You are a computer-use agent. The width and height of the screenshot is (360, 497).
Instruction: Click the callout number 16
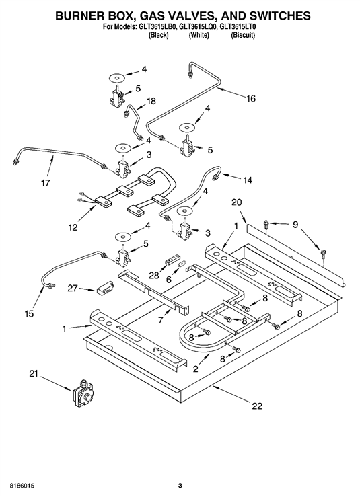point(251,98)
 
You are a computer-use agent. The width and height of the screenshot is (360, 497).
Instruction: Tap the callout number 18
point(151,101)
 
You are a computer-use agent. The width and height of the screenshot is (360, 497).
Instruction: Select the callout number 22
point(256,406)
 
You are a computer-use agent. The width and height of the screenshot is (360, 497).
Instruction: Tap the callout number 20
point(236,202)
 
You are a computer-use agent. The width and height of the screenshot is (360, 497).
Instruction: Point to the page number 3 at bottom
point(180,486)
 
